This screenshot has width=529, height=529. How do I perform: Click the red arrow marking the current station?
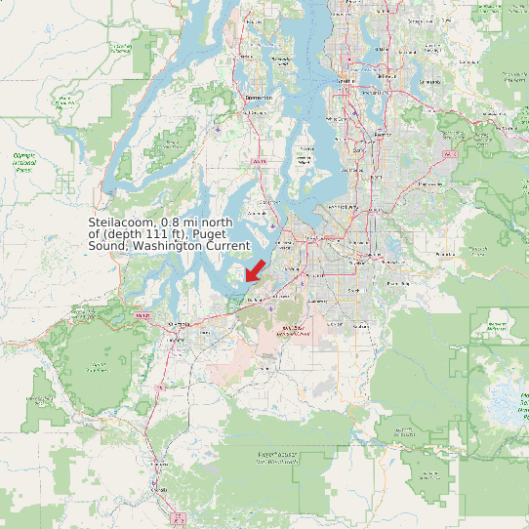click(x=255, y=267)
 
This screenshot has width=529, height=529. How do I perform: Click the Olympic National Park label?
click(x=23, y=160)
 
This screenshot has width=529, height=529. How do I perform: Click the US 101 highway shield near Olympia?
click(x=142, y=315)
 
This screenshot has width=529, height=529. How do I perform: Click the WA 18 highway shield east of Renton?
click(x=450, y=154)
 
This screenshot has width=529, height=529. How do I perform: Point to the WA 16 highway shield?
click(x=258, y=161)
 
